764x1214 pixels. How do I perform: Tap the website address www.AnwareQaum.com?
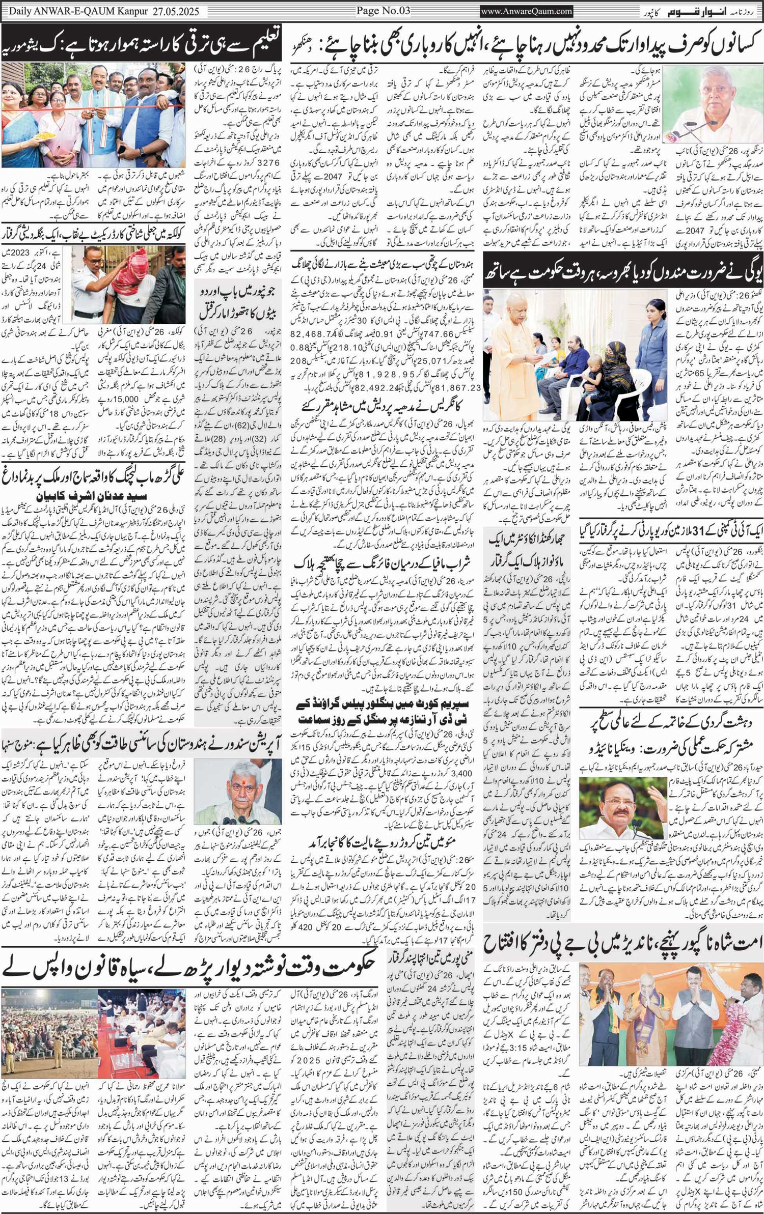[526, 11]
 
